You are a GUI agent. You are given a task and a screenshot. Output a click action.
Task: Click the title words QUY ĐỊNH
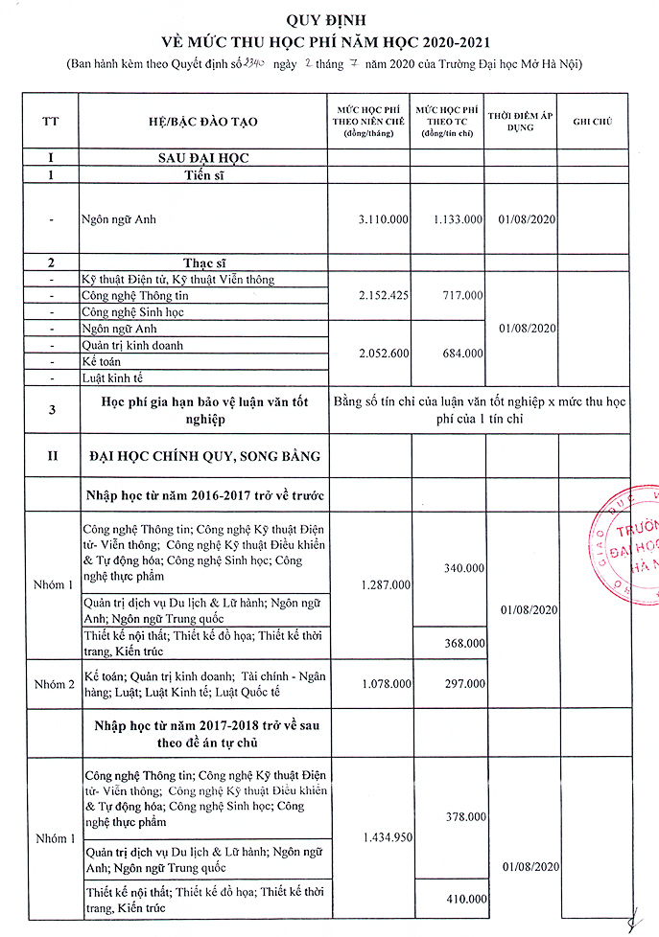(330, 19)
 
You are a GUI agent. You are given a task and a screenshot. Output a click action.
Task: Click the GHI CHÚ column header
(592, 122)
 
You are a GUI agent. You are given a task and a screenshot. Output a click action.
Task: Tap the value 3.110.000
(383, 219)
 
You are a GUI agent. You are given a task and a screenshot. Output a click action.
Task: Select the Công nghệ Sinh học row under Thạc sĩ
(132, 312)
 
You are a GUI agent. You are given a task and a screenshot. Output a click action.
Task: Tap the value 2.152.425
(383, 296)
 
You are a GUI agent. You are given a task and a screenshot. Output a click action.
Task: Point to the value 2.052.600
(383, 354)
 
